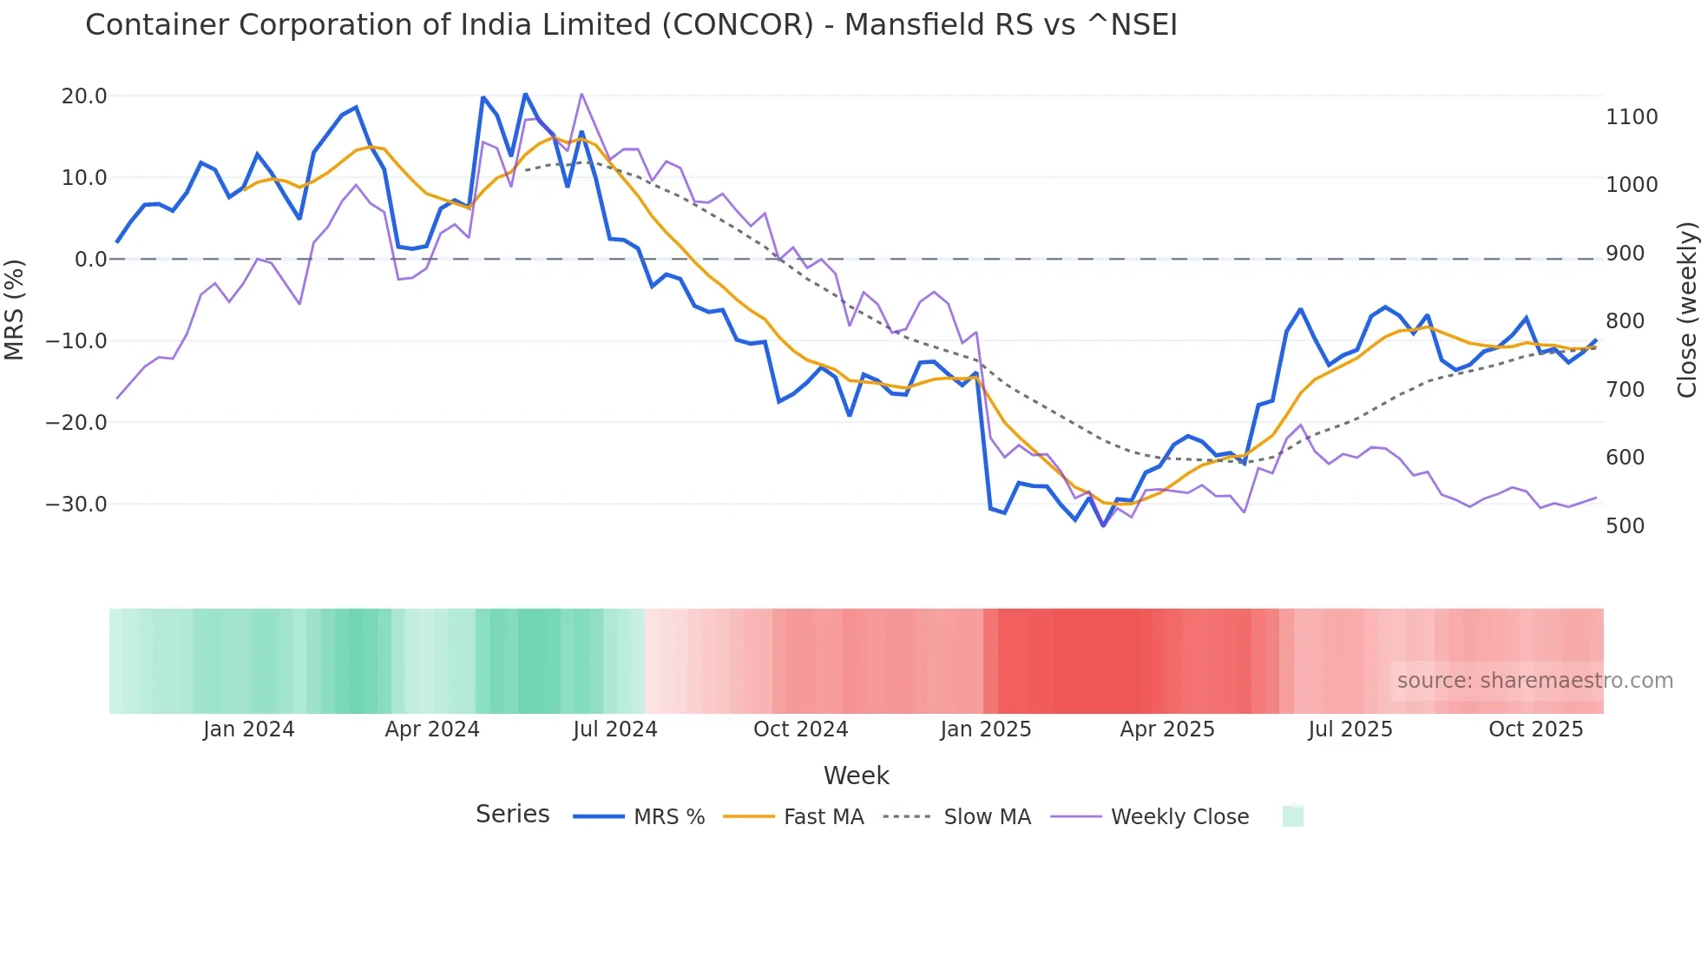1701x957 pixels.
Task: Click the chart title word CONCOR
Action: point(738,25)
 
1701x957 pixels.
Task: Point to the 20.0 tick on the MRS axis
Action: point(84,96)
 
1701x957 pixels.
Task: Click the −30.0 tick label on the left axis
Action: point(77,505)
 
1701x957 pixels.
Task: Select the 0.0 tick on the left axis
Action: point(91,260)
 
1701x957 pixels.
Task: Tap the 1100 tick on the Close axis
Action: point(1632,117)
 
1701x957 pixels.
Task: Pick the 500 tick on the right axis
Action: point(1625,526)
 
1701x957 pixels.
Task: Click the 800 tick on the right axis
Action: point(1625,321)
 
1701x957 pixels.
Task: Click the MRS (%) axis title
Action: point(15,310)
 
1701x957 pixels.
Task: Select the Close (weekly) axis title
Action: point(1686,310)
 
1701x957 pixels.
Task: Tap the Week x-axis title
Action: point(856,775)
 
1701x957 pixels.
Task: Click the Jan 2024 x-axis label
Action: point(249,729)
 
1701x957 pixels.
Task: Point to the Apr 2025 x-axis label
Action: point(1167,729)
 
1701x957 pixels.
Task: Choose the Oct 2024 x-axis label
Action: point(800,729)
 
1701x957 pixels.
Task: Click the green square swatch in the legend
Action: point(1292,817)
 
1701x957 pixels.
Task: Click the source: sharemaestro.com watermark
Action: point(1534,681)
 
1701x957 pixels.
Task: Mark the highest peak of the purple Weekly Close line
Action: point(581,94)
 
